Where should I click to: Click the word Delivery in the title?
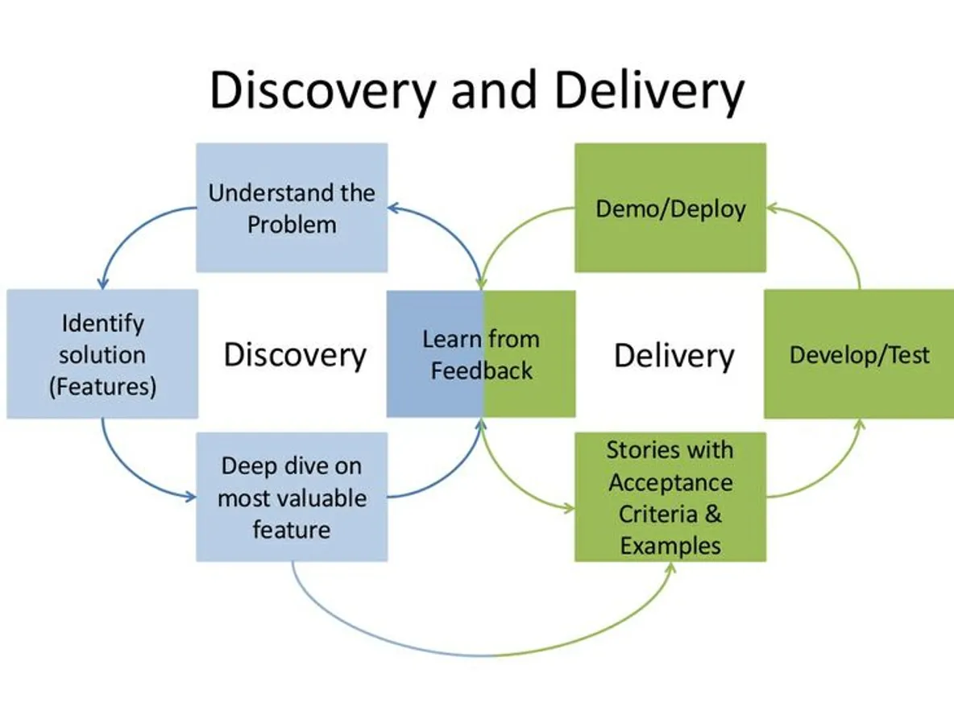click(649, 90)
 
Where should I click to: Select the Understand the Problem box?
click(292, 208)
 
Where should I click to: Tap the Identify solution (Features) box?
click(102, 354)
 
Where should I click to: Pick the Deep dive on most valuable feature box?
click(292, 497)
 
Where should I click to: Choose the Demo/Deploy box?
click(670, 208)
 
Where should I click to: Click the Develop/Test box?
click(859, 354)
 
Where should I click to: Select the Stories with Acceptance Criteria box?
click(670, 497)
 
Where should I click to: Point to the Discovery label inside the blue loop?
click(295, 355)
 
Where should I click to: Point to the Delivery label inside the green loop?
click(674, 355)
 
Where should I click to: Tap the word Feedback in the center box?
click(481, 370)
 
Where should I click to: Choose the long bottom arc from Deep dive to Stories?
click(483, 655)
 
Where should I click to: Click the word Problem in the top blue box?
click(292, 224)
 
